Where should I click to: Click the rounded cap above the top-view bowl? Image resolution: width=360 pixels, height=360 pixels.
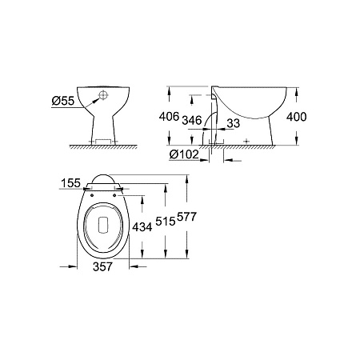point(103,181)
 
